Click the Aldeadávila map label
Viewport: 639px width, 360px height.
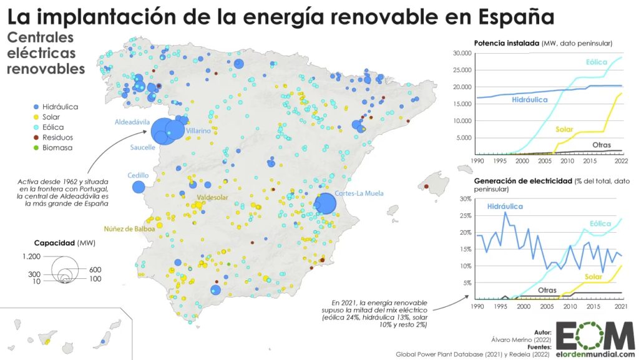click(131, 122)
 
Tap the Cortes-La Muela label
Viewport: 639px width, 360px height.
click(359, 193)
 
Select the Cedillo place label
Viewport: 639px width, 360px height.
click(138, 175)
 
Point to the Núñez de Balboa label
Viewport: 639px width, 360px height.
click(129, 228)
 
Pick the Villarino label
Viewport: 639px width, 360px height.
click(198, 131)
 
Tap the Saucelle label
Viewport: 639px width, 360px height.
click(143, 148)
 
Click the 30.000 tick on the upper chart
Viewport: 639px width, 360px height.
click(462, 53)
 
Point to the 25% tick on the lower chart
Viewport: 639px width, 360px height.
click(466, 215)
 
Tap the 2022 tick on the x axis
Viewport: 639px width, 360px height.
click(620, 161)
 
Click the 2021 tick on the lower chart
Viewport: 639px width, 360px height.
click(622, 307)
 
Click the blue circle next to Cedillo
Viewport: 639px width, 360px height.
click(139, 187)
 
